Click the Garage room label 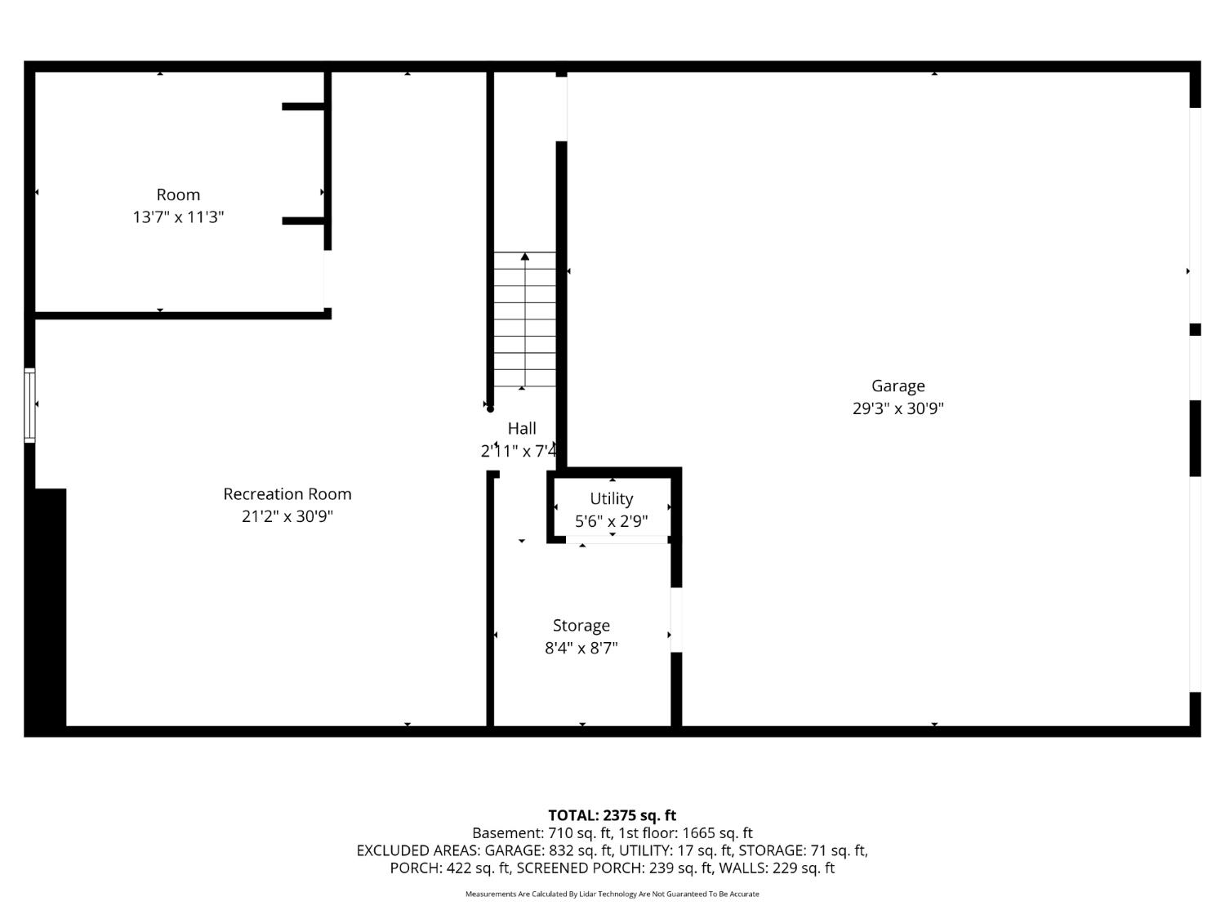coord(898,386)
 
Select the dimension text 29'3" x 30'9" coord(898,408)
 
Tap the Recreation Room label coord(287,494)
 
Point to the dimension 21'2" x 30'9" coord(287,516)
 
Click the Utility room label coord(611,498)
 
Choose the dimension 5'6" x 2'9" coord(611,521)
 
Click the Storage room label coord(581,626)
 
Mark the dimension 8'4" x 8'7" coord(581,649)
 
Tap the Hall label coord(522,428)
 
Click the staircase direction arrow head coord(524,257)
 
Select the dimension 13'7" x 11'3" coord(178,217)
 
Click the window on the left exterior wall coord(29,405)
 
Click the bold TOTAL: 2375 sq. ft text coord(612,815)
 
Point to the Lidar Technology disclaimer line coord(612,894)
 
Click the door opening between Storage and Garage coord(675,620)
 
